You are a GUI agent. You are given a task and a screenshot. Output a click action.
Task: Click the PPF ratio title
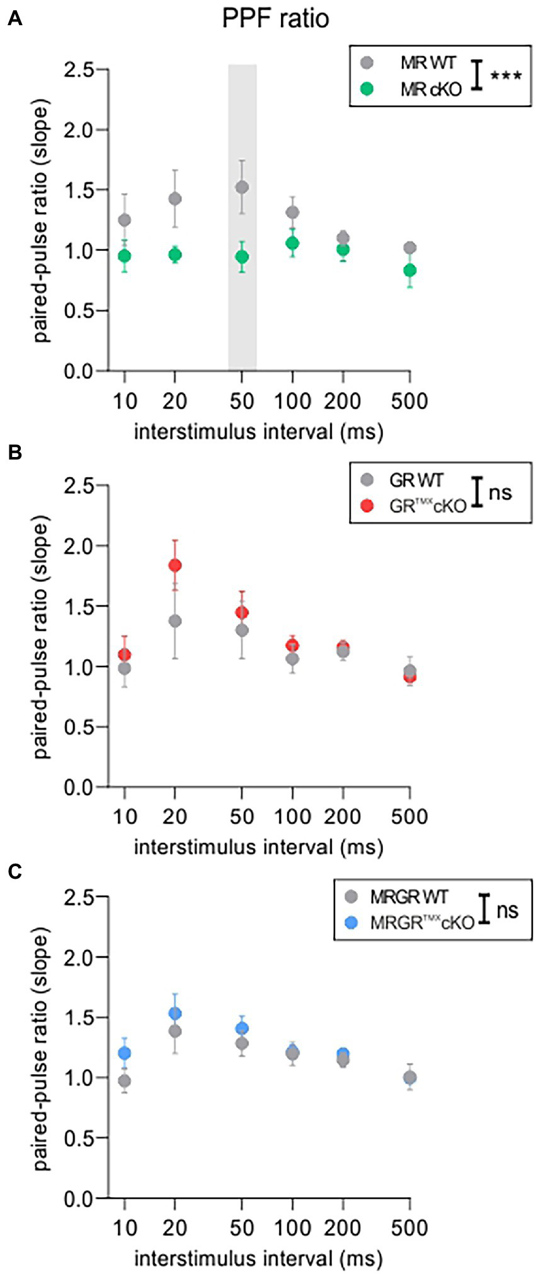tap(275, 18)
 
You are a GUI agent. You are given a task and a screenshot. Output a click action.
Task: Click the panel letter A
tap(15, 20)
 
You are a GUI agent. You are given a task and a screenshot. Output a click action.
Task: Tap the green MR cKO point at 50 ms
tap(242, 257)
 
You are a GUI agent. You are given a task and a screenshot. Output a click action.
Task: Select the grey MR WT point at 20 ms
tap(175, 199)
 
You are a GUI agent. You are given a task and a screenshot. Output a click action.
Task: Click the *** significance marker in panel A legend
tap(506, 76)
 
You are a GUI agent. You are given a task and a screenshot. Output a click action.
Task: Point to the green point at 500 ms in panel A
tap(410, 270)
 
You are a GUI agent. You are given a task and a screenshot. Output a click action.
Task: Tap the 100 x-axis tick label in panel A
tap(292, 401)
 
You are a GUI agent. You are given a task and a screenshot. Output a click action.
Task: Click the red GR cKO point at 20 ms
tap(175, 565)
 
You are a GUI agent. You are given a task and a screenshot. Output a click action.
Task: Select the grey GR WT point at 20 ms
tap(175, 622)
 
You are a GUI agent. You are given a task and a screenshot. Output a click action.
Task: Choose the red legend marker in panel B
tap(368, 506)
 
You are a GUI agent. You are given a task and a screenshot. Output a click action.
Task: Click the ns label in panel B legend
tap(500, 492)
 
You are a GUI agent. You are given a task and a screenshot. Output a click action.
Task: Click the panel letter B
tap(15, 453)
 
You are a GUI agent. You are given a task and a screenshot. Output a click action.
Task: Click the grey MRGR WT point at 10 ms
tap(125, 1081)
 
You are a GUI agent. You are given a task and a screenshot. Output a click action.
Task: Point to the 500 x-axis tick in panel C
tap(409, 1228)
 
